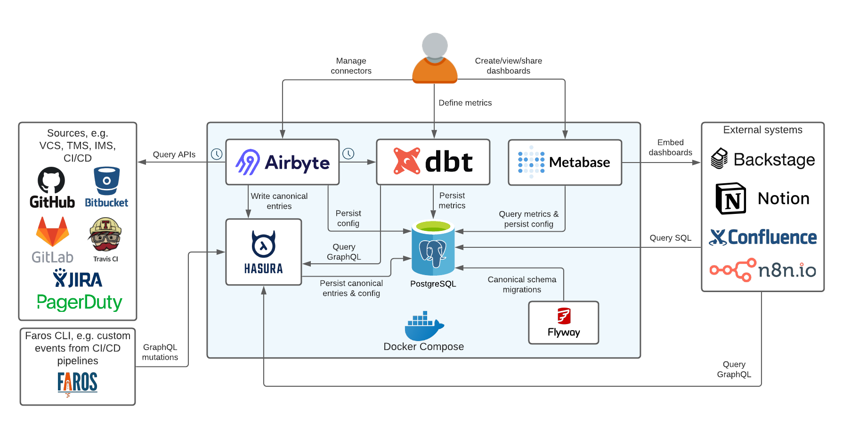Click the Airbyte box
tap(283, 162)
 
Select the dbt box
tap(433, 162)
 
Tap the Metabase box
tap(565, 162)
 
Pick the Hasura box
tap(264, 252)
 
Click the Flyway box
tap(564, 323)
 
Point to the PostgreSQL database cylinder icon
tap(433, 248)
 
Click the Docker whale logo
tap(424, 326)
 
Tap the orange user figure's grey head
tap(435, 45)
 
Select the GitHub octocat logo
tap(51, 180)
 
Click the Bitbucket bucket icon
tap(107, 180)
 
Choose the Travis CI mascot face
tap(105, 235)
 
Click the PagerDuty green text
tap(80, 302)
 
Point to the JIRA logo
tap(78, 278)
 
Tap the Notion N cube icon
tap(730, 198)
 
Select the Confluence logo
tap(763, 237)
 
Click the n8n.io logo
tap(763, 270)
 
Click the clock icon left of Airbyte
tap(217, 154)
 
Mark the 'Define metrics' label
tap(465, 103)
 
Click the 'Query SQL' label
tap(670, 238)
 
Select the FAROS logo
tap(78, 383)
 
